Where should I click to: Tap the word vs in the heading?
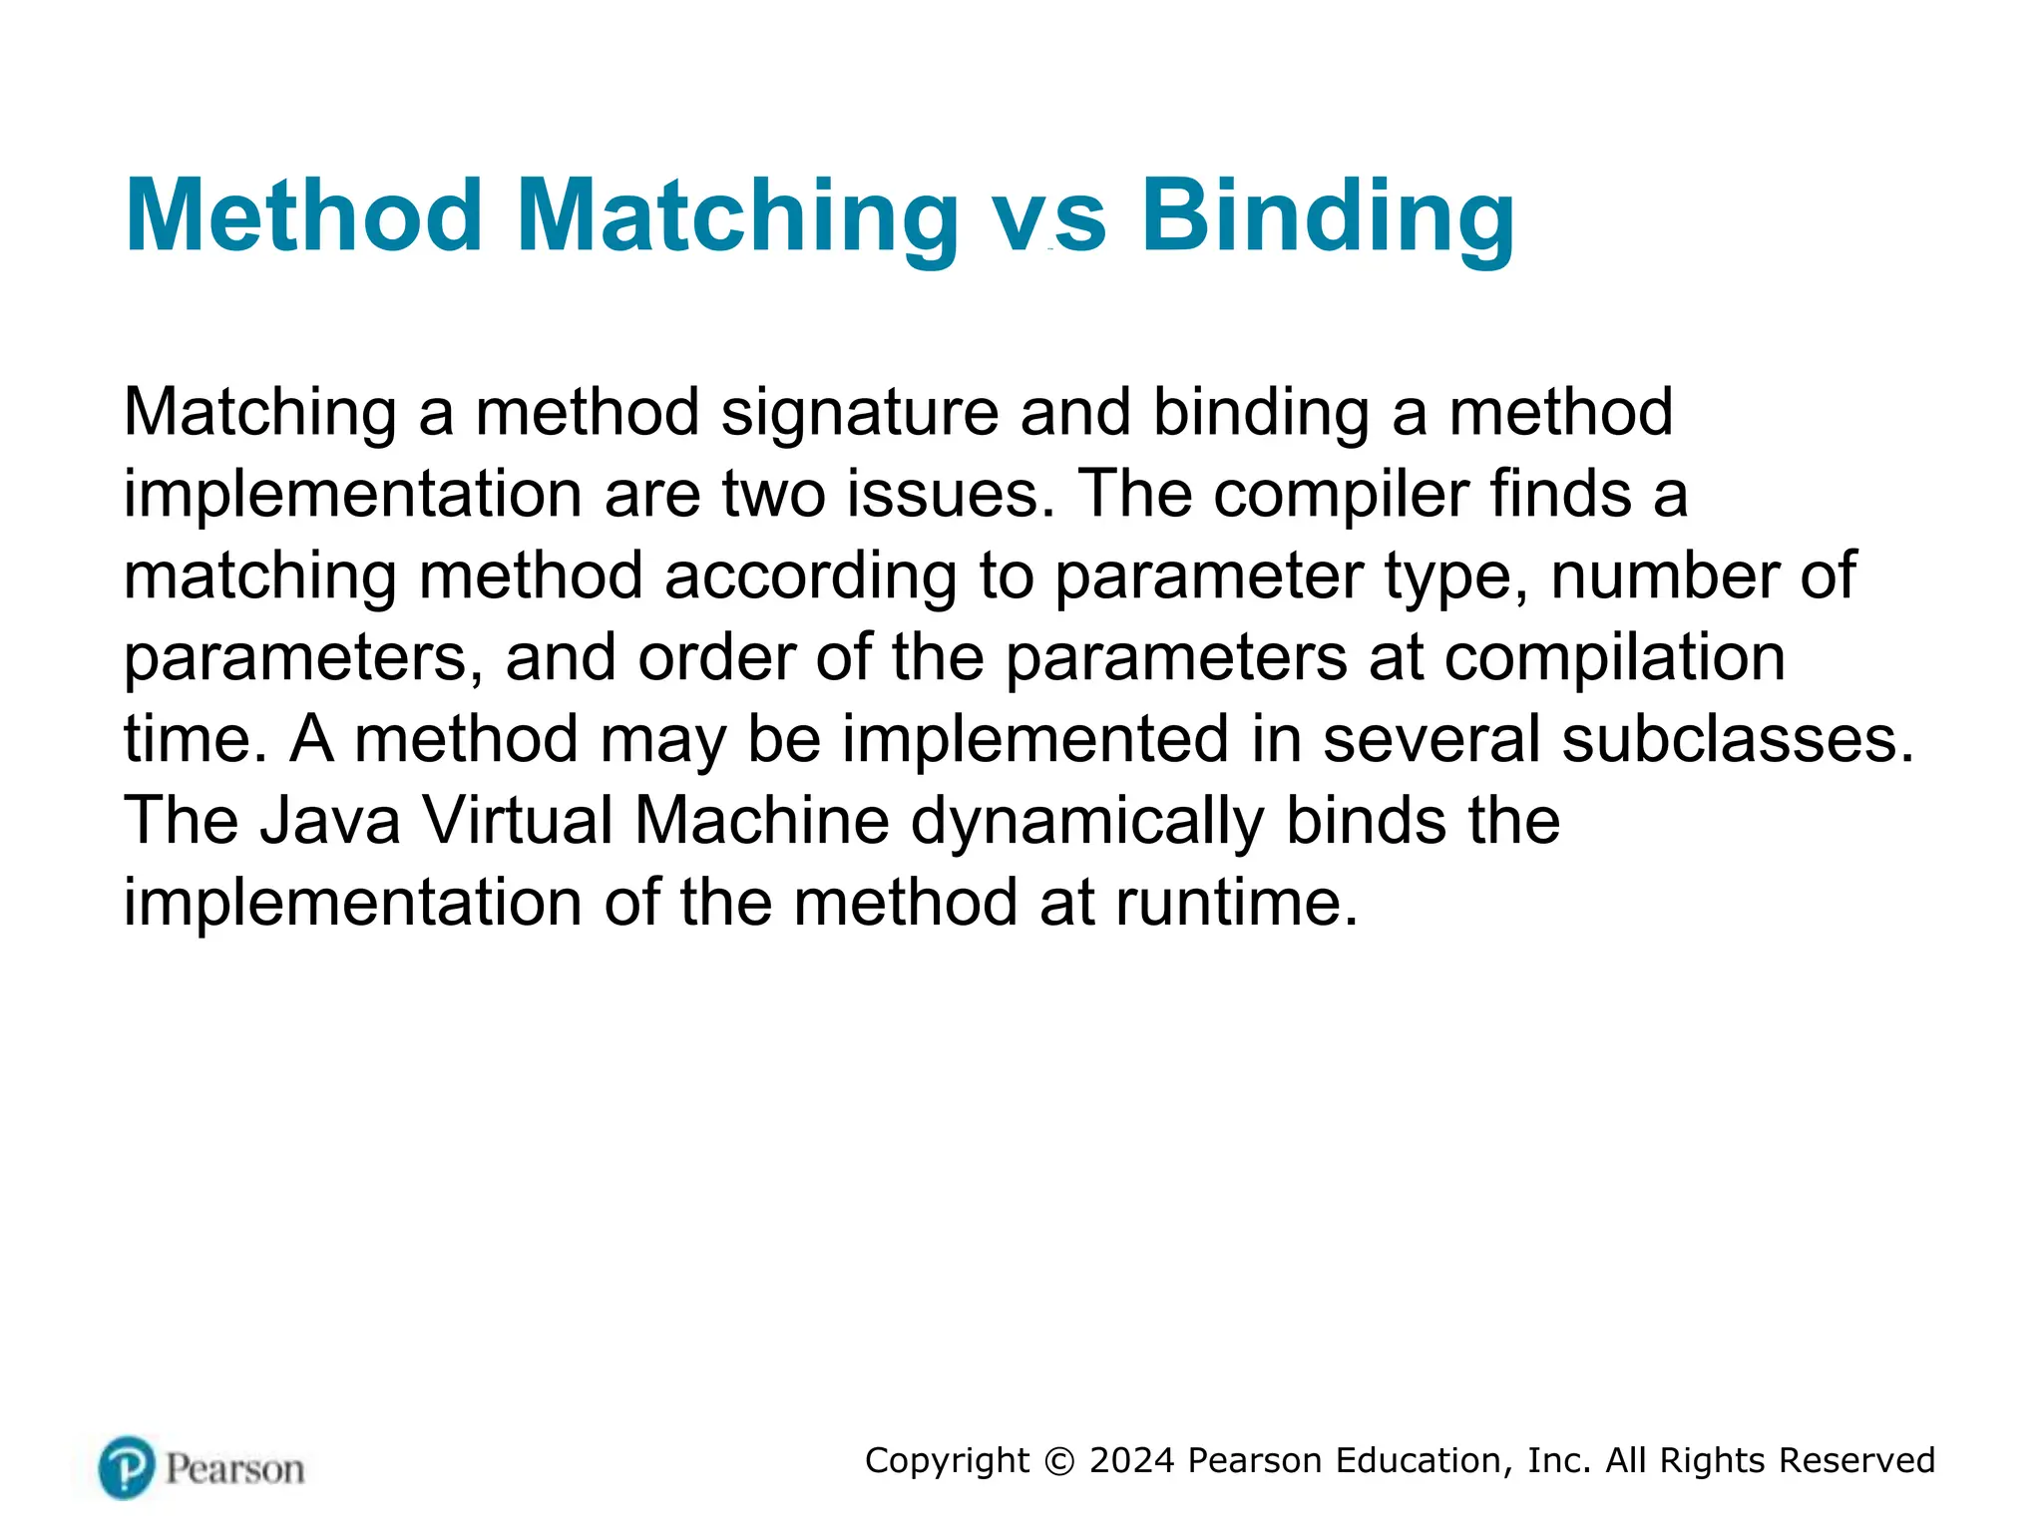click(x=1050, y=217)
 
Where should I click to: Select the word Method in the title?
click(x=304, y=217)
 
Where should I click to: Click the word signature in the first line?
click(x=859, y=414)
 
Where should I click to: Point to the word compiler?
click(x=1341, y=496)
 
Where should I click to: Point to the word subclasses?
click(x=1737, y=740)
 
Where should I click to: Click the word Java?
click(x=329, y=822)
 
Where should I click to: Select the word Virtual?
click(x=517, y=822)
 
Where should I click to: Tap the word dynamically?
click(x=1087, y=822)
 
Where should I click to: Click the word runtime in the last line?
click(x=1236, y=904)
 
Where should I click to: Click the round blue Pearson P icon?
click(x=127, y=1467)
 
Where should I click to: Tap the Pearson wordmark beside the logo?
click(x=234, y=1469)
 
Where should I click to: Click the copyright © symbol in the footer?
click(x=1059, y=1461)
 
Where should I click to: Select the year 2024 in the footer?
click(x=1132, y=1461)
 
